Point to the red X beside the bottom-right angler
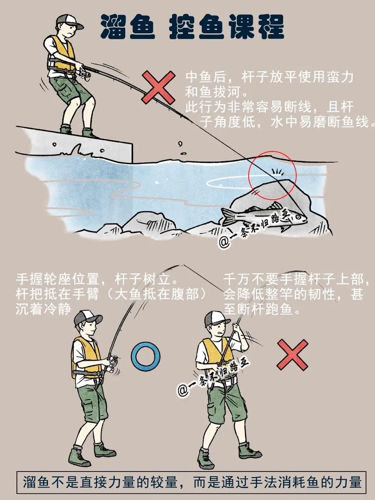(x=292, y=354)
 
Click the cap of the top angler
(x=68, y=21)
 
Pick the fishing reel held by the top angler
(x=84, y=74)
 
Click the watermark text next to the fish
(x=257, y=230)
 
